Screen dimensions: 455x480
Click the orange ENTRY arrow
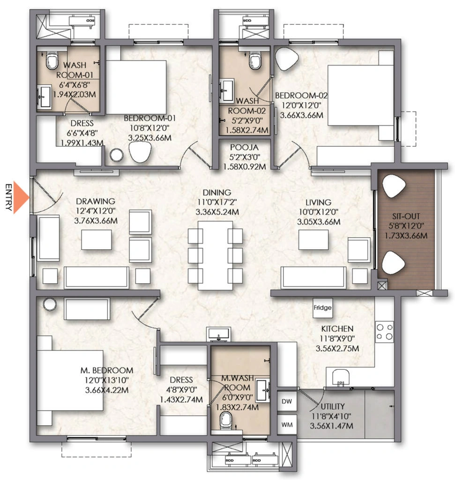(x=21, y=198)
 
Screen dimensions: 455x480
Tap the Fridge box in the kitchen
(x=322, y=307)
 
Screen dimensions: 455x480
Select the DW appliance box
(x=287, y=401)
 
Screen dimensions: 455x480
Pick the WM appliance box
(x=287, y=425)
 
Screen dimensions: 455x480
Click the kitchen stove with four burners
(x=385, y=332)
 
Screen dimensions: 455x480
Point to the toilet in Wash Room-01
(x=52, y=60)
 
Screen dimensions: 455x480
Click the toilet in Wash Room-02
(x=255, y=60)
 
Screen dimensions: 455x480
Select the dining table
(x=216, y=255)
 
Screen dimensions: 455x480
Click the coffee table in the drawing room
(x=97, y=240)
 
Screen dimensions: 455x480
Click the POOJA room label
(x=245, y=148)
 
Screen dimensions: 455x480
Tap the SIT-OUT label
(x=406, y=217)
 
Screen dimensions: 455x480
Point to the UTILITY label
(x=333, y=406)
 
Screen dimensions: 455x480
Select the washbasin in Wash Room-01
(x=45, y=97)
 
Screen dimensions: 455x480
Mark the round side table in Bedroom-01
(x=117, y=155)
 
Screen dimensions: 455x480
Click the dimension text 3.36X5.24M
(x=217, y=212)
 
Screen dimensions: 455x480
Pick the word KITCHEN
(x=337, y=329)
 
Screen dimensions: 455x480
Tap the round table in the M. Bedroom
(x=50, y=305)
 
